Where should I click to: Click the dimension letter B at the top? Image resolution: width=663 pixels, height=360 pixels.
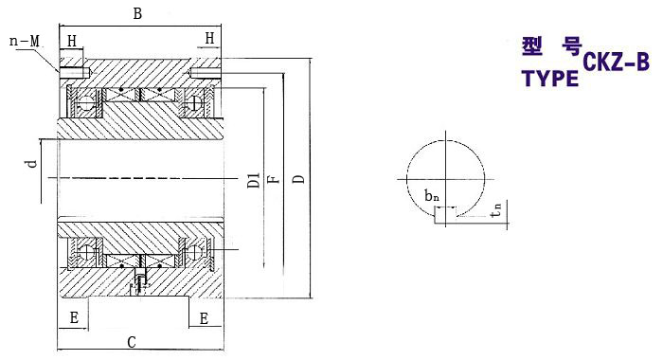click(x=137, y=13)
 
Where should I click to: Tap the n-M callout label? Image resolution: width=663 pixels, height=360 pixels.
click(x=24, y=41)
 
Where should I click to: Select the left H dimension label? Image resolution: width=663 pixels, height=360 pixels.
click(x=72, y=41)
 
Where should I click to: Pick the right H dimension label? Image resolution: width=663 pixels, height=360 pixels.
click(x=209, y=39)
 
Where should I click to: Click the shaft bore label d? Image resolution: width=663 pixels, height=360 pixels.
click(x=32, y=163)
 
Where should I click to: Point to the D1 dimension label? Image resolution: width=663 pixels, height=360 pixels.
click(x=253, y=180)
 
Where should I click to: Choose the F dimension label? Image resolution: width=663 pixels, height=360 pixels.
click(x=275, y=179)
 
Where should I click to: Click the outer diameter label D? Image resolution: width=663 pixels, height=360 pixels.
click(x=299, y=178)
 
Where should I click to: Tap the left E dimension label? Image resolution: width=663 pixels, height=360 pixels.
click(x=74, y=317)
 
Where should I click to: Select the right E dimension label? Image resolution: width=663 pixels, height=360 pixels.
click(x=204, y=318)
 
